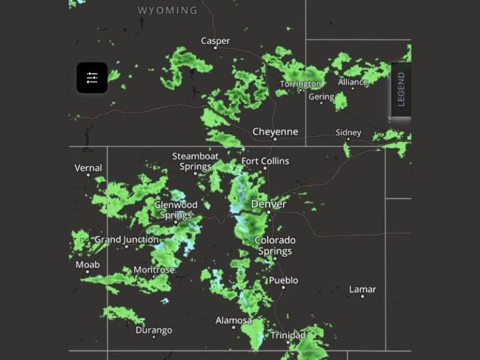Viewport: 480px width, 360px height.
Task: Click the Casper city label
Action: pyautogui.click(x=215, y=41)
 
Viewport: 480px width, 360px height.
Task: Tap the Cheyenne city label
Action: pyautogui.click(x=275, y=132)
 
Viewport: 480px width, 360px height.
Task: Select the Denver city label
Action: pyautogui.click(x=269, y=204)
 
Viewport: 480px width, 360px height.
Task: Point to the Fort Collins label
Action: pyautogui.click(x=266, y=161)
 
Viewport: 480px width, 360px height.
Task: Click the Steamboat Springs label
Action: pyautogui.click(x=196, y=161)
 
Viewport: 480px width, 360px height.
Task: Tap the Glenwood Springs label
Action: pyautogui.click(x=176, y=210)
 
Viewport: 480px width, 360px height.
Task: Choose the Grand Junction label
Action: pyautogui.click(x=127, y=240)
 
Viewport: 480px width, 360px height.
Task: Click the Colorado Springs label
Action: pyautogui.click(x=275, y=246)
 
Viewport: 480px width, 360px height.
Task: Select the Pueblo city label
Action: pyautogui.click(x=283, y=281)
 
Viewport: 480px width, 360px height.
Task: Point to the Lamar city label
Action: pyautogui.click(x=362, y=289)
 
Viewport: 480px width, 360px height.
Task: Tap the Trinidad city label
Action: pyautogui.click(x=288, y=336)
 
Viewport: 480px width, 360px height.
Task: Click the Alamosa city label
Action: pyautogui.click(x=234, y=321)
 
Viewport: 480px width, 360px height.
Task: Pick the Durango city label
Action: pyautogui.click(x=154, y=330)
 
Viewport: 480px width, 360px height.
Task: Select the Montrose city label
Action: pyautogui.click(x=154, y=270)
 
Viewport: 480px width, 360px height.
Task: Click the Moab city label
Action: pyautogui.click(x=87, y=265)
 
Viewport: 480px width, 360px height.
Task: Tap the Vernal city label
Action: pyautogui.click(x=88, y=168)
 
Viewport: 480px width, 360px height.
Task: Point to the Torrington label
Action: pyautogui.click(x=301, y=84)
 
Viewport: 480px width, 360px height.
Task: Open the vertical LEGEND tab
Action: pyautogui.click(x=401, y=89)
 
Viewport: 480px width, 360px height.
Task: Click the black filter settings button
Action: pyautogui.click(x=92, y=77)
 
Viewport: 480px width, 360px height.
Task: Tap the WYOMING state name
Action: pyautogui.click(x=167, y=11)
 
